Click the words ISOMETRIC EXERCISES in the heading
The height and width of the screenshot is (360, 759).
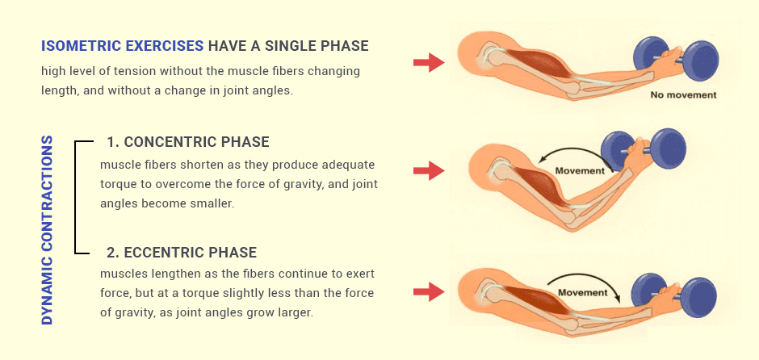coord(122,46)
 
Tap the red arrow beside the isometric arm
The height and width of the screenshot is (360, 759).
coord(428,62)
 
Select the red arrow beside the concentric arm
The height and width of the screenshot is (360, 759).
coord(428,170)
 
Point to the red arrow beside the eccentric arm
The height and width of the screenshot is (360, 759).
coord(428,291)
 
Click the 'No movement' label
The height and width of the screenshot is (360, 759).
coord(683,94)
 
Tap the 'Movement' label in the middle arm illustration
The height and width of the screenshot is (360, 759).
coord(580,170)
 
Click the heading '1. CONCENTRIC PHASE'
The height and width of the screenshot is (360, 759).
coord(187,142)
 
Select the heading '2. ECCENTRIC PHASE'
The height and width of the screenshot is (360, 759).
coord(182,252)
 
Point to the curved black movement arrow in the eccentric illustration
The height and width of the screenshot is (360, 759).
coord(586,279)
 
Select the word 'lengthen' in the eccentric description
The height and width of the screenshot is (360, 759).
coord(174,273)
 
